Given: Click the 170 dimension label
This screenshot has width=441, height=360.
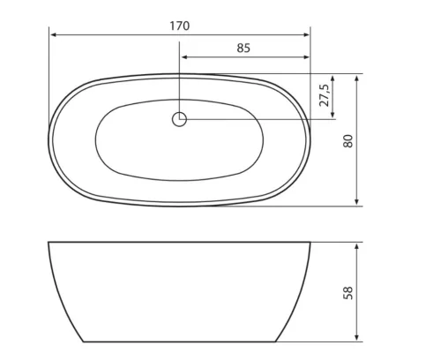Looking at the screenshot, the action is [180, 26].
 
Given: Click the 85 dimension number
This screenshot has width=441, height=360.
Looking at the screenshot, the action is [243, 48].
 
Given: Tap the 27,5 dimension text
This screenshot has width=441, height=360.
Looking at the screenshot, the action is [325, 95].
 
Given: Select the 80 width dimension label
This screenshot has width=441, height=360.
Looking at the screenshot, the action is [348, 141].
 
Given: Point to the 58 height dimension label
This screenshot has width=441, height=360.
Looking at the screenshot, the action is [348, 293].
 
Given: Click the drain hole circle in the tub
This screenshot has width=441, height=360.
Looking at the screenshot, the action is [179, 119].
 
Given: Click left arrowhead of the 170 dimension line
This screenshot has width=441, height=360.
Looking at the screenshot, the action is [53, 35].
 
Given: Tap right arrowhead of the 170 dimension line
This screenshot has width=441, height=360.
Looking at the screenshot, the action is [306, 35].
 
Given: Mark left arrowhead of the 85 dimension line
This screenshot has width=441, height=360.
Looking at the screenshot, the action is [184, 57].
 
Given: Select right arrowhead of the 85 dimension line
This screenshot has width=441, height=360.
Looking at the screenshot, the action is [306, 57].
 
